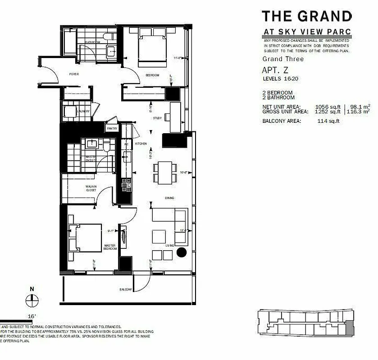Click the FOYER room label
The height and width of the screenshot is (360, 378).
coord(74,74)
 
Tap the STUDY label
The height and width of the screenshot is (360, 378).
coord(157,119)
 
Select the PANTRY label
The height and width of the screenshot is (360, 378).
coord(112,129)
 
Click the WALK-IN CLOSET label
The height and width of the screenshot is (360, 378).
coord(92,188)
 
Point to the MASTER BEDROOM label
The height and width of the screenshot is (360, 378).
coord(110,247)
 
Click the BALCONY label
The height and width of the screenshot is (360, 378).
coord(126,289)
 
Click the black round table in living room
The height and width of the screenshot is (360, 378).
coord(182,252)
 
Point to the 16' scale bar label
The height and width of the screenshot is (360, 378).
coord(32,317)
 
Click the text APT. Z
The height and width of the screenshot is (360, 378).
coord(275,70)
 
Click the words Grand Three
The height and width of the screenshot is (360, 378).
coord(283,59)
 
